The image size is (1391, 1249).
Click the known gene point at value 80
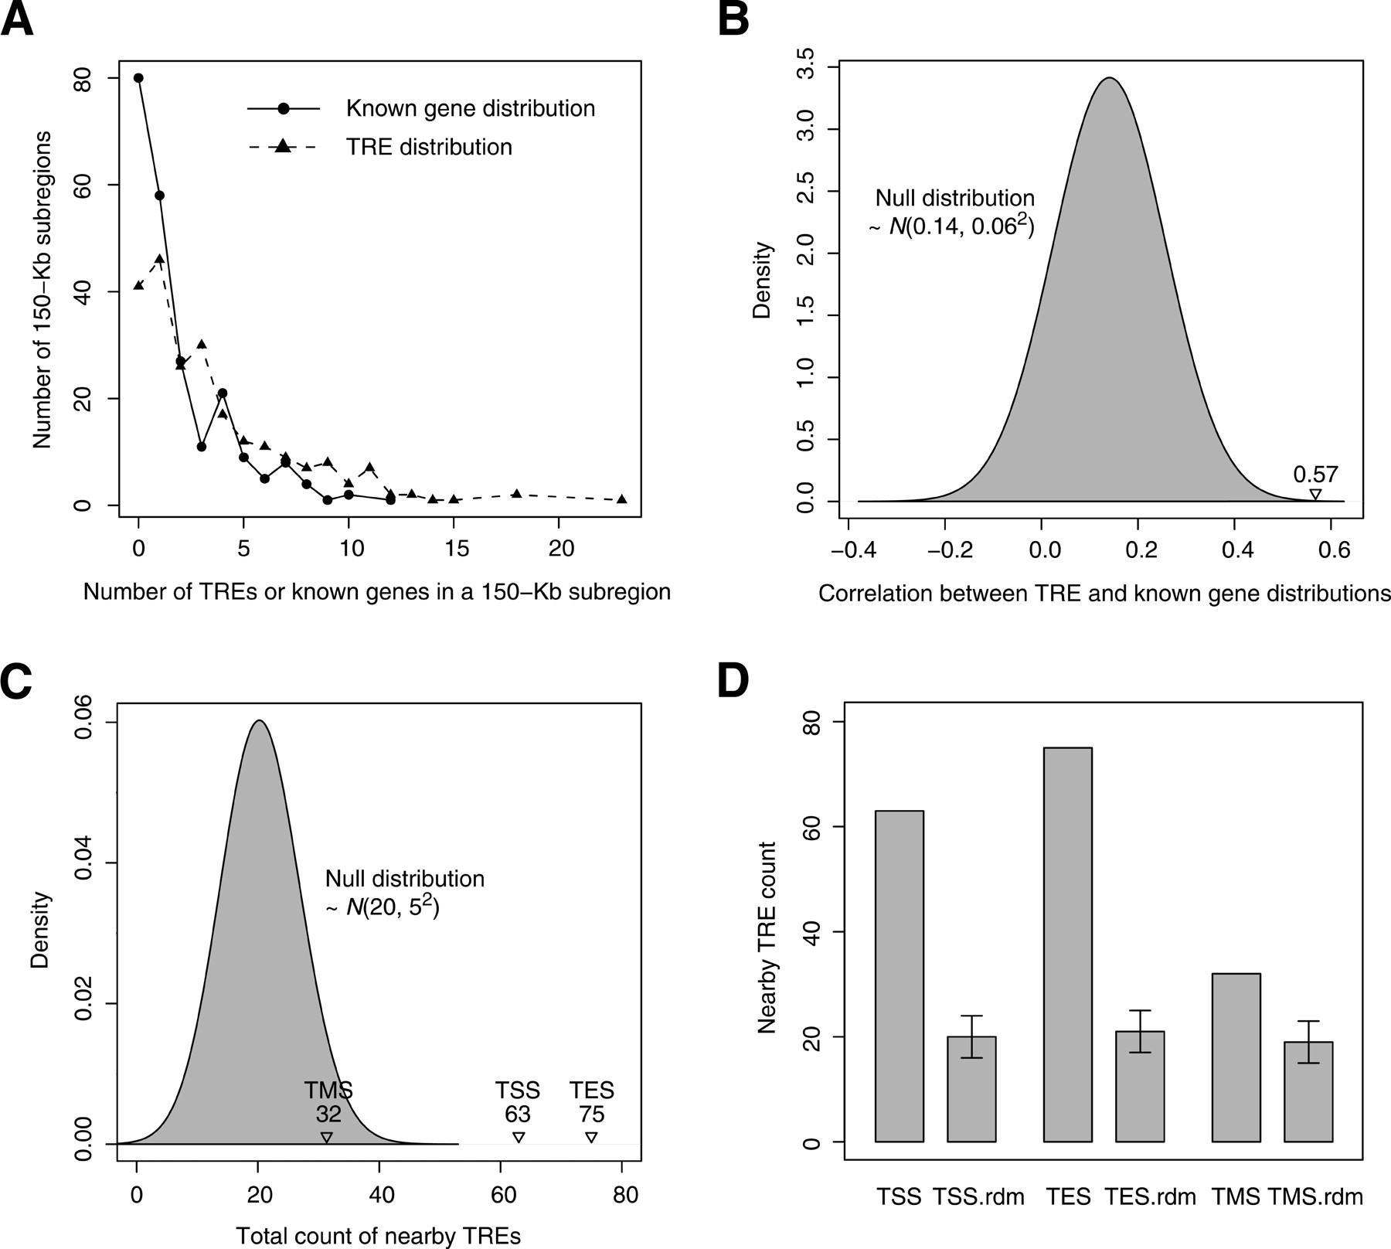coord(138,78)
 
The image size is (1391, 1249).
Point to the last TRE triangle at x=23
coord(622,499)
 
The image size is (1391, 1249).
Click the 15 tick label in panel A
coord(457,549)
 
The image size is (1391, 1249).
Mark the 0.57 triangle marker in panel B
coord(1314,495)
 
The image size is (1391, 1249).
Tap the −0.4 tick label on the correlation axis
coord(847,550)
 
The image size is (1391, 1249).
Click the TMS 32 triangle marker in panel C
coord(327,1137)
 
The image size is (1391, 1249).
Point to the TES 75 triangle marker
coord(591,1137)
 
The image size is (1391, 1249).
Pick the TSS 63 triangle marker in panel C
coord(519,1137)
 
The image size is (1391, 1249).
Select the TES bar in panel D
coord(1067,944)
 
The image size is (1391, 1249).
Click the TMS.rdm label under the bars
coord(1315,1197)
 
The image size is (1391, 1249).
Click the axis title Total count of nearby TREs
coord(379,1236)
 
